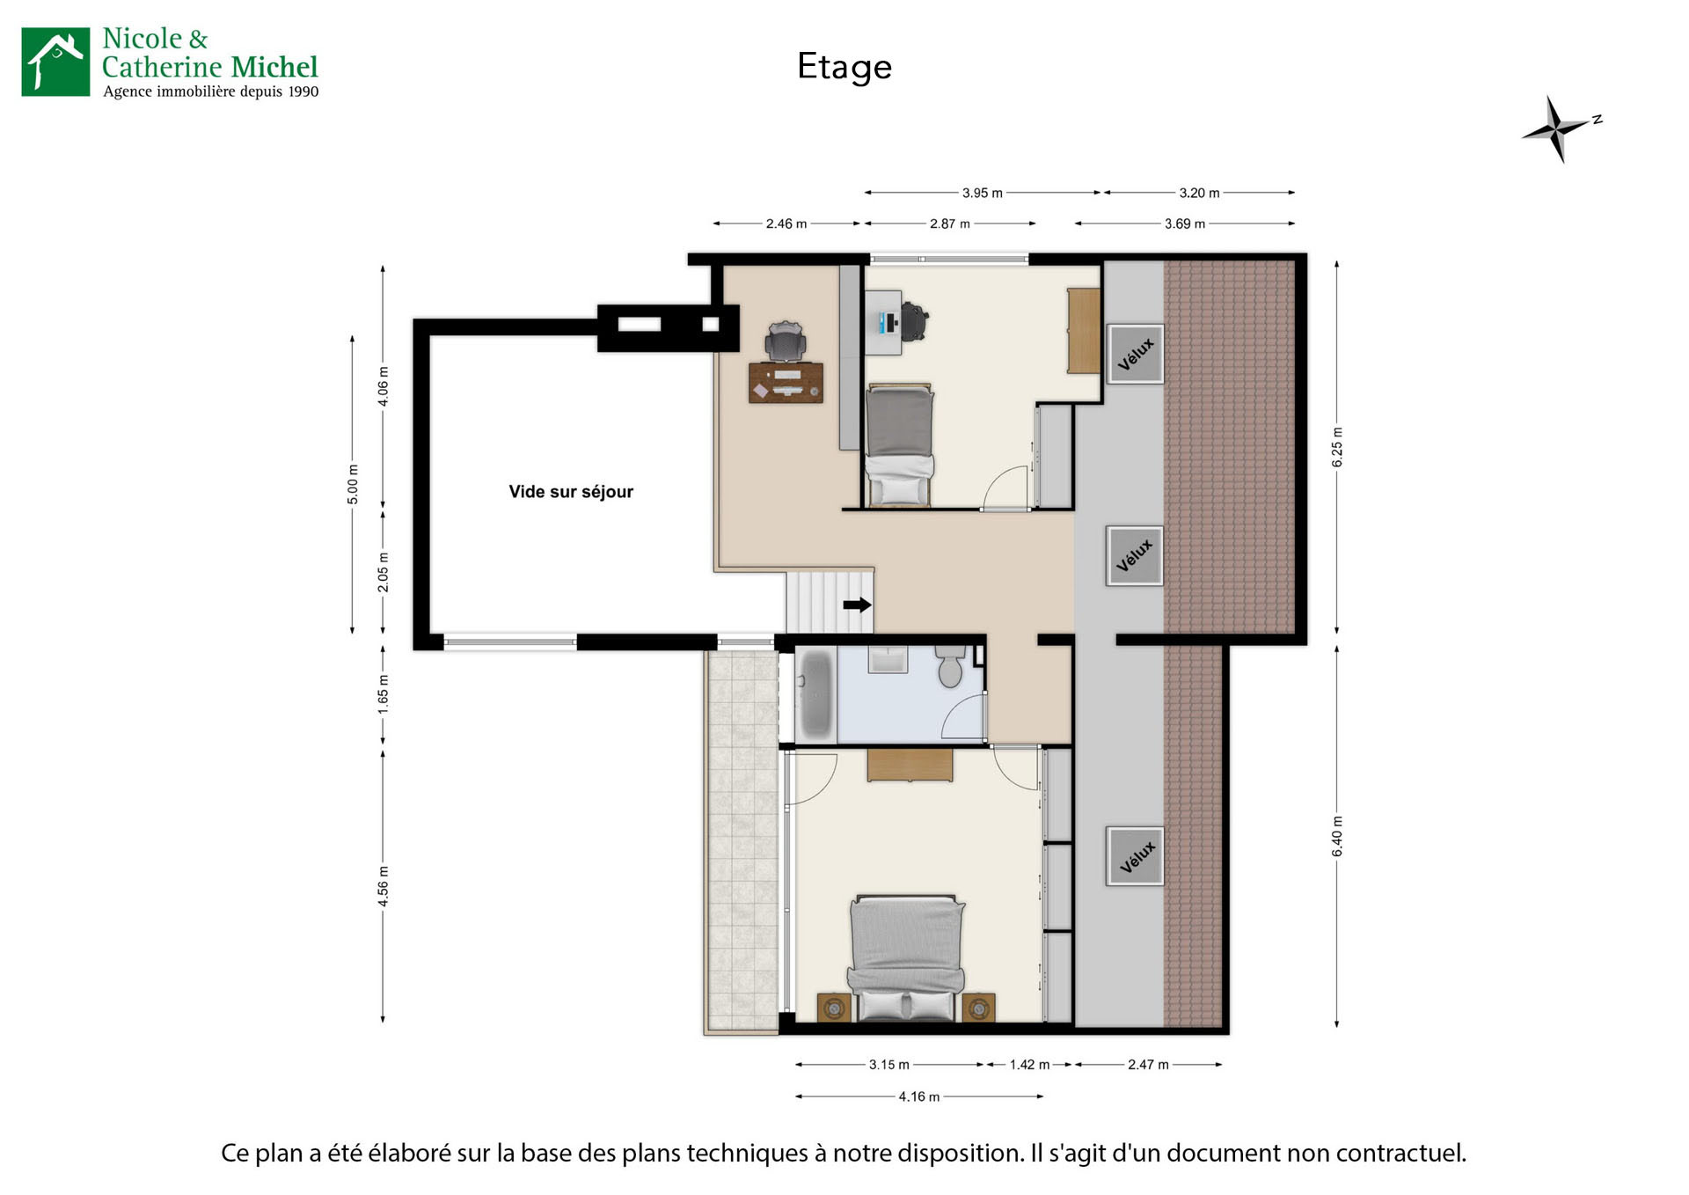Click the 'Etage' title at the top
(844, 67)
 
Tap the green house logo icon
(55, 62)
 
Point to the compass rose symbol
(1558, 128)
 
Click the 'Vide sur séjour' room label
(570, 492)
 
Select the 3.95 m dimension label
(982, 193)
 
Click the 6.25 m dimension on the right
(1337, 447)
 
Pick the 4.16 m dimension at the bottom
(918, 1096)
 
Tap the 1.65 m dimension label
(384, 694)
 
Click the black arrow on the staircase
(857, 605)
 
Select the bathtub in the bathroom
(815, 693)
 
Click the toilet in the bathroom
(949, 666)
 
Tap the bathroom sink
(888, 659)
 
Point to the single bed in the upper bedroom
(898, 444)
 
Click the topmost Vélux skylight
(1135, 354)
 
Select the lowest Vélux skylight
(1136, 856)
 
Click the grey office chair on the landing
(785, 341)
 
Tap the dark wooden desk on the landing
(786, 383)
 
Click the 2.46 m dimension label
(786, 224)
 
